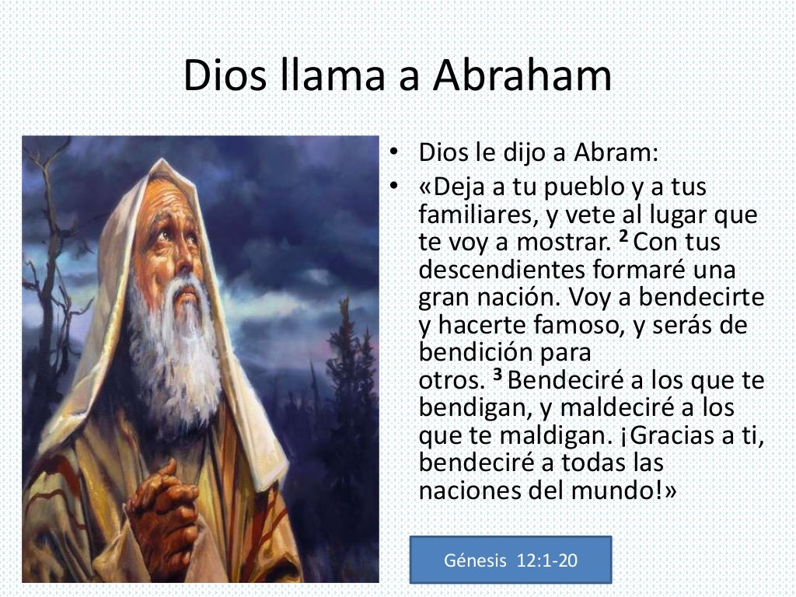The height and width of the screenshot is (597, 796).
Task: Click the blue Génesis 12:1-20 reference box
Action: [x=511, y=560]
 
